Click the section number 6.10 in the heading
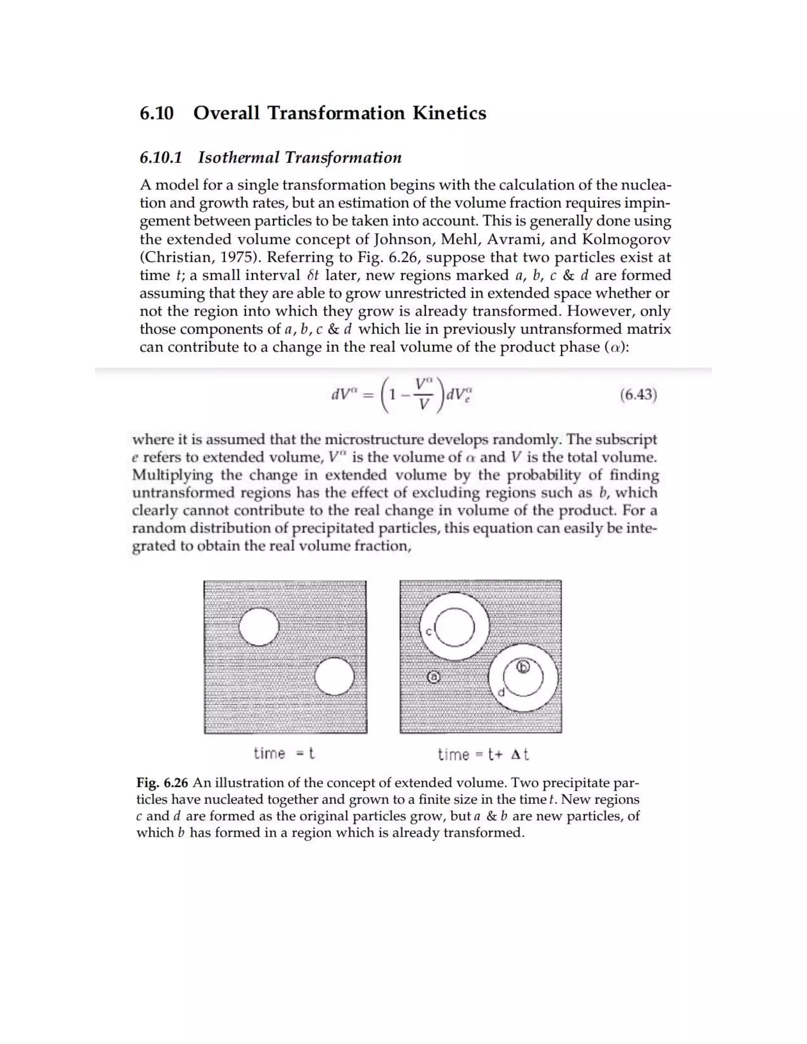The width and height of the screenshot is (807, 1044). pos(156,113)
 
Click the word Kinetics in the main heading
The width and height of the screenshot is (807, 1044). pos(449,113)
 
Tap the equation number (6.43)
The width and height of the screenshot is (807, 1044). pos(638,395)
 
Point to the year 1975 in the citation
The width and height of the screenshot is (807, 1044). pos(240,257)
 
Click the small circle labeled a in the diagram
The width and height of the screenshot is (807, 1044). pos(433,677)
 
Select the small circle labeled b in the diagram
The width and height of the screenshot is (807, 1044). pos(524,667)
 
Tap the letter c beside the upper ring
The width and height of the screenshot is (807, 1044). pos(428,632)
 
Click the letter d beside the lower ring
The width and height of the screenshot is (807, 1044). pos(501,692)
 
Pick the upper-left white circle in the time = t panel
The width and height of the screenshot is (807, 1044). pos(258,627)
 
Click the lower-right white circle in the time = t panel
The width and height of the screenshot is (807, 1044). pos(335,676)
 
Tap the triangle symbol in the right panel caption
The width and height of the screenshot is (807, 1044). pos(515,755)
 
